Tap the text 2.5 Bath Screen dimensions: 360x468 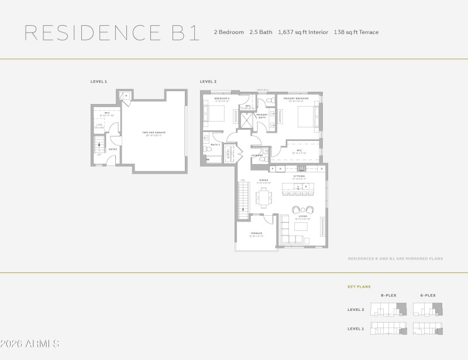coord(261,32)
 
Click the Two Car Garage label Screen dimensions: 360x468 coord(154,133)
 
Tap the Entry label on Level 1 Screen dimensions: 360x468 coord(113,149)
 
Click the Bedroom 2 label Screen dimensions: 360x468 coord(222,99)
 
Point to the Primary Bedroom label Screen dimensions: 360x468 coord(296,99)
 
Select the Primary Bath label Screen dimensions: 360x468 coord(261,116)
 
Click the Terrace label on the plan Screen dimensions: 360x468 coord(256,234)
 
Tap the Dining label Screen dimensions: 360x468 coord(264,181)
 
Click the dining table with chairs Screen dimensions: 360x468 coord(263,198)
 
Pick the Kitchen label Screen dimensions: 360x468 coord(299,175)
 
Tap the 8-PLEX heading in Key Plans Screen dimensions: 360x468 coord(390,296)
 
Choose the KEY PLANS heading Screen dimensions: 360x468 coord(359,287)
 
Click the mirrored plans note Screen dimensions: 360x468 coord(395,258)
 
